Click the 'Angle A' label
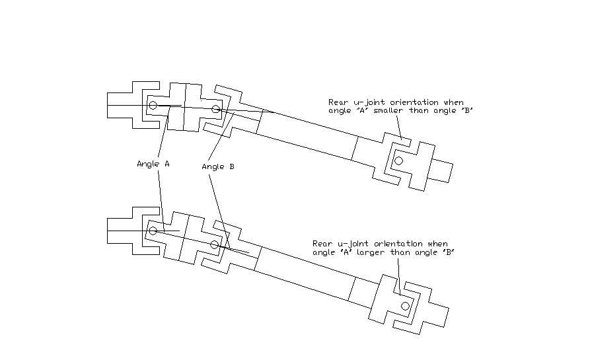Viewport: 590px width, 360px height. (153, 164)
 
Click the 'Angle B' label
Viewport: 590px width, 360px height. (218, 167)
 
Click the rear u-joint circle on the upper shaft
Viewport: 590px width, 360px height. (398, 161)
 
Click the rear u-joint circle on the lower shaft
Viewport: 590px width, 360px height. (406, 305)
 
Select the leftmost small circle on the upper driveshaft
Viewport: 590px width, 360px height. (153, 105)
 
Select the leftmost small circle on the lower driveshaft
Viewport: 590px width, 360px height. (153, 231)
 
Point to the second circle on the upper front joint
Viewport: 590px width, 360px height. (215, 109)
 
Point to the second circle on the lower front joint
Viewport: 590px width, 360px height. (214, 245)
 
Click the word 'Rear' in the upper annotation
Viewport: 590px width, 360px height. (336, 102)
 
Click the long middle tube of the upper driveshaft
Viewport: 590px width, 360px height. (307, 136)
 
